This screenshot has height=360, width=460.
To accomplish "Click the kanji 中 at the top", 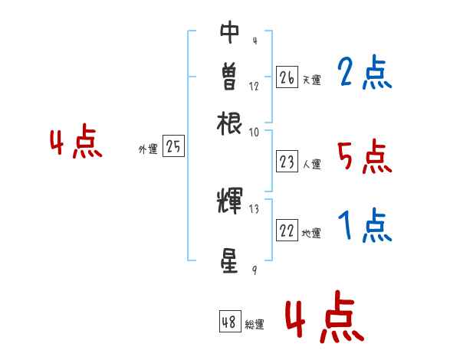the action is tap(230, 31).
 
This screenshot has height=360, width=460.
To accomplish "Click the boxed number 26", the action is tap(287, 77).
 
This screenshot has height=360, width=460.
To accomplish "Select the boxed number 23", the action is tap(287, 162).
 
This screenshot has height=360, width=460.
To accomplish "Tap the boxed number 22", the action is tap(287, 231).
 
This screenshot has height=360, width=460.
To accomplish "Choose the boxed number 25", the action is tap(173, 147).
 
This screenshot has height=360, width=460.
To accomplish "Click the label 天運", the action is tap(311, 80).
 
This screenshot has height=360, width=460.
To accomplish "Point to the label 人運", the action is tap(311, 164).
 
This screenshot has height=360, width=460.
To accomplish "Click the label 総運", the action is tap(255, 325).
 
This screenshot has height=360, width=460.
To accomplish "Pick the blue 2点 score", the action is tap(364, 73).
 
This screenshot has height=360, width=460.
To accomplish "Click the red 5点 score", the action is tap(364, 158).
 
